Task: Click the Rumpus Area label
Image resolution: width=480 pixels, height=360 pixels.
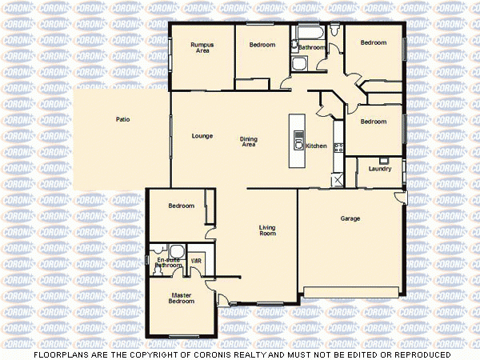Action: [x=202, y=48]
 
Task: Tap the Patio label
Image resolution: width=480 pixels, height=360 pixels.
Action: [x=122, y=119]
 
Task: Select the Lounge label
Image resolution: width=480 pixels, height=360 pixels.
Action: [x=202, y=136]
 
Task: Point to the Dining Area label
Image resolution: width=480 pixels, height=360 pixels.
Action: [x=249, y=142]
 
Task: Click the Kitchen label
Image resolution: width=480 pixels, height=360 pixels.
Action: [x=316, y=146]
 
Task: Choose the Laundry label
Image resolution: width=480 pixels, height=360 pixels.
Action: [x=379, y=169]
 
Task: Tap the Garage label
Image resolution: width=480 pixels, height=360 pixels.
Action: [x=350, y=218]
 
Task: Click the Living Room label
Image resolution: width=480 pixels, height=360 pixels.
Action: [x=267, y=230]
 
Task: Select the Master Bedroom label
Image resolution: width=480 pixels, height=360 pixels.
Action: [x=182, y=298]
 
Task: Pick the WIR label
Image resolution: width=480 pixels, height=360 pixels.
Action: [x=196, y=261]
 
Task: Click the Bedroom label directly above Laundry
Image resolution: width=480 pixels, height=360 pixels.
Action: [x=373, y=122]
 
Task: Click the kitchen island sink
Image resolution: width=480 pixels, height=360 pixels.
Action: [x=298, y=145]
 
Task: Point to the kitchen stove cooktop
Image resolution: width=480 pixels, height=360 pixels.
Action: [x=338, y=147]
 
